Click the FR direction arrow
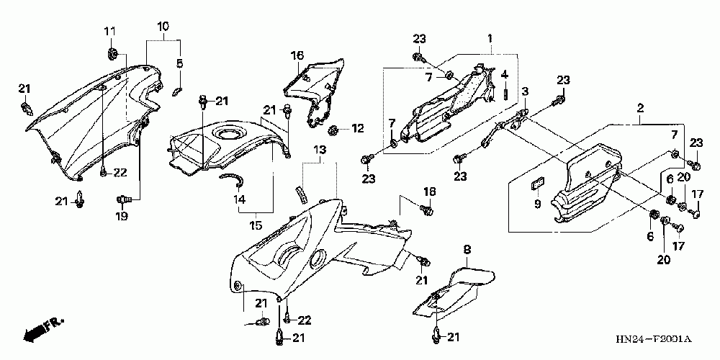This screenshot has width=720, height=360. tap(42, 330)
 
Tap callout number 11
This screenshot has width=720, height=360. tap(110, 31)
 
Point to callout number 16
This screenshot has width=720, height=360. tap(298, 55)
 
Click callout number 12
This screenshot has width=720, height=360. tap(358, 130)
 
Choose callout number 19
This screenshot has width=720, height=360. tap(122, 215)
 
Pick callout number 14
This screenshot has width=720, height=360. tap(239, 199)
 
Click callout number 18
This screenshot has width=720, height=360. tap(430, 192)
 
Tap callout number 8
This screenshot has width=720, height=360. tap(467, 250)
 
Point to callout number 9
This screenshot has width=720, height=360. tap(536, 204)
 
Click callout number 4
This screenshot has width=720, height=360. tap(505, 74)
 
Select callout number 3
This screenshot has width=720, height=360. tap(526, 91)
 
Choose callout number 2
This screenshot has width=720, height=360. tap(639, 109)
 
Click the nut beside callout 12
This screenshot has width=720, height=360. tap(333, 130)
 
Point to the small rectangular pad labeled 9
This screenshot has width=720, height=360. tap(536, 185)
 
